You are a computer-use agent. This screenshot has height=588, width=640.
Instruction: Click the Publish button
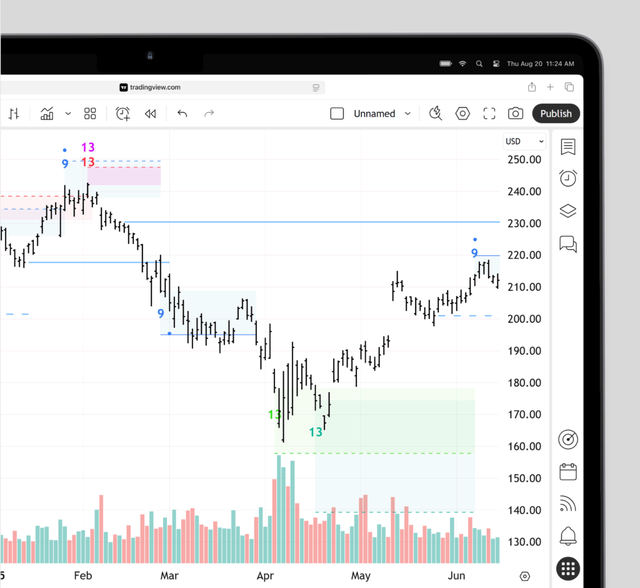[x=556, y=113]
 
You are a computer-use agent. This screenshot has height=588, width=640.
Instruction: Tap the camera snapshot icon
[x=516, y=113]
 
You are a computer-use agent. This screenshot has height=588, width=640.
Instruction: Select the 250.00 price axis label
[x=523, y=160]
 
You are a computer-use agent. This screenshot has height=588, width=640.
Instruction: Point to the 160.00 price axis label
[x=523, y=447]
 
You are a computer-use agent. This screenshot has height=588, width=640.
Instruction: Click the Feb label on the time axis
[x=83, y=575]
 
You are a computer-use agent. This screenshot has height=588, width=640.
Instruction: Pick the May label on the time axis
[x=361, y=575]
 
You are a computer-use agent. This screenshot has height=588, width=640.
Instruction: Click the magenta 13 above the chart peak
[x=88, y=148]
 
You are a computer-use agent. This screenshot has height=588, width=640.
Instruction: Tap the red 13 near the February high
[x=88, y=162]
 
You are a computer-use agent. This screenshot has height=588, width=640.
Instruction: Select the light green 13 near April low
[x=274, y=415]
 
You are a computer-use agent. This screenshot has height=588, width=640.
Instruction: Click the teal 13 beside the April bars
[x=316, y=432]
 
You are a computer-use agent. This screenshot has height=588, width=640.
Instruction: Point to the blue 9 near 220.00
[x=474, y=253]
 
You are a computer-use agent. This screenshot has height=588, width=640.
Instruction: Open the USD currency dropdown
[x=524, y=141]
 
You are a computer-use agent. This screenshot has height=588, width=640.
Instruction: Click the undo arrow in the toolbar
[x=182, y=113]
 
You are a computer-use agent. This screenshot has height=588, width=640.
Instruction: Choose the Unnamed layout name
[x=374, y=114]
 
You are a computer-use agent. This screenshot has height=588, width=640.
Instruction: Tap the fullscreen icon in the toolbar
[x=489, y=113]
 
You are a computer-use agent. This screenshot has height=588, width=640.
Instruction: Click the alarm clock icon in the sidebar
[x=567, y=178]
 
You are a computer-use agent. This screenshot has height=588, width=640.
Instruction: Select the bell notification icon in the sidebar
[x=567, y=535]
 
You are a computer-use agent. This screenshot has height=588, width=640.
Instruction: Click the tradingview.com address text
[x=155, y=88]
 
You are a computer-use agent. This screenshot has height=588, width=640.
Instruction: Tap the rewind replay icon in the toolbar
[x=150, y=113]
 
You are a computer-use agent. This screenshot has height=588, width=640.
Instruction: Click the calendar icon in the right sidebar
[x=567, y=471]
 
